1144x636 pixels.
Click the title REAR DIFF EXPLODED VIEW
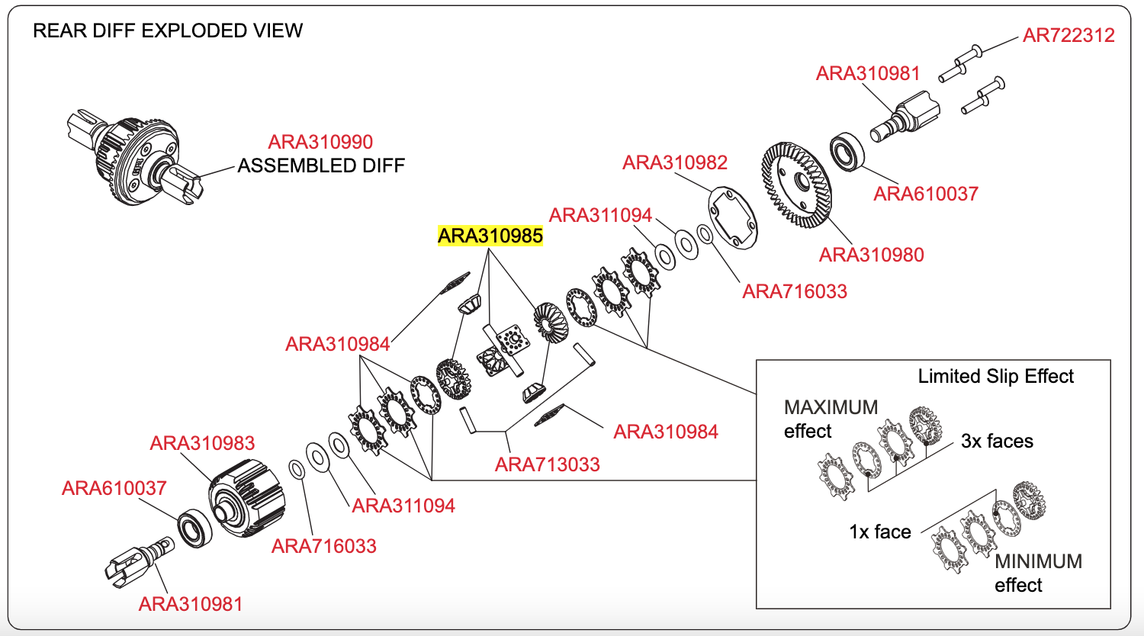[x=168, y=31]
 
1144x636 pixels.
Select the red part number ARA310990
[x=320, y=142]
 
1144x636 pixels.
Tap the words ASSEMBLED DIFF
[x=321, y=165]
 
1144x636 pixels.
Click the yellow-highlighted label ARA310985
[x=490, y=236]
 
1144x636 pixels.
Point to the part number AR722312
[x=1068, y=35]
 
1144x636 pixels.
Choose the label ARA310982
[x=675, y=162]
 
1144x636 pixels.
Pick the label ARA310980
[x=871, y=255]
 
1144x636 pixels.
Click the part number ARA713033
[x=547, y=464]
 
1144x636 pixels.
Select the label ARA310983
[x=202, y=443]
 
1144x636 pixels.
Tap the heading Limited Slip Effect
[x=995, y=377]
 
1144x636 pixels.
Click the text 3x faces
[x=997, y=441]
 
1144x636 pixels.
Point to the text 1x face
[x=880, y=532]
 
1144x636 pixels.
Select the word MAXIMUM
[x=831, y=407]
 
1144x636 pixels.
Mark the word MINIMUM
[x=1038, y=561]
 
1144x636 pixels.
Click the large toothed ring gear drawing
[x=796, y=185]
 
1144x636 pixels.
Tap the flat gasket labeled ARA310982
[x=732, y=217]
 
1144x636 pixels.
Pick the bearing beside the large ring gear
[x=847, y=153]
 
